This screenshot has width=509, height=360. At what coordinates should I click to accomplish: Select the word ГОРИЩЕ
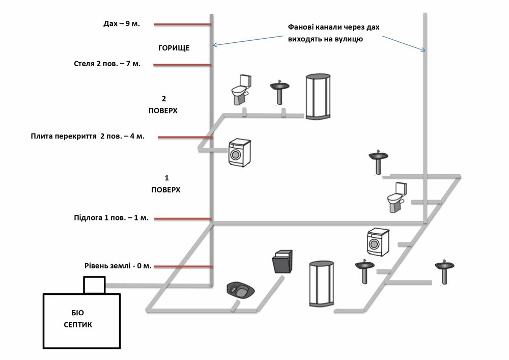click(174, 48)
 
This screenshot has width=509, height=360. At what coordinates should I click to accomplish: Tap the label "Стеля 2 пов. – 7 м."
click(107, 64)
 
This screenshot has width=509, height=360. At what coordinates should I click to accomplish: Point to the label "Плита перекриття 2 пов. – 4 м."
click(88, 136)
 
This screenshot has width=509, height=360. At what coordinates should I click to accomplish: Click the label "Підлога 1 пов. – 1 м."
click(111, 218)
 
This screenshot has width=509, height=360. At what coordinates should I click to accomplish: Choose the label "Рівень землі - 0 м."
click(118, 266)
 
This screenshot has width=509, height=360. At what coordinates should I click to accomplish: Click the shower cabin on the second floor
click(319, 97)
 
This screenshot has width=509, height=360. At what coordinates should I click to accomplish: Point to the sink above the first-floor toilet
click(379, 161)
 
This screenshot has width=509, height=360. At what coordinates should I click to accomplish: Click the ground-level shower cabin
click(322, 283)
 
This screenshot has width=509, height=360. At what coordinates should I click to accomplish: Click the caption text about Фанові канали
click(333, 33)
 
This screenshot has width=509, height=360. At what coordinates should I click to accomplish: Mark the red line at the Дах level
click(182, 24)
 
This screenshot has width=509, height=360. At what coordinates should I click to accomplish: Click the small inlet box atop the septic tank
click(94, 285)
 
